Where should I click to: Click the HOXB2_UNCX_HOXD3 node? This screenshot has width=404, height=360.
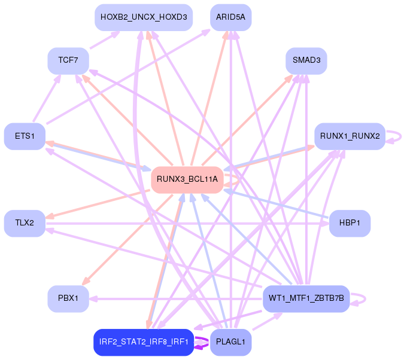coord(144,17)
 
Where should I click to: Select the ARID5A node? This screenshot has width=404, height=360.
coord(230,17)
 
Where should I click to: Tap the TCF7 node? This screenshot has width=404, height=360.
coord(68,61)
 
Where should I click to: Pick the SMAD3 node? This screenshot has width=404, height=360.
coord(306,61)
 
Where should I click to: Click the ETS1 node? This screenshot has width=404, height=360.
coord(25,136)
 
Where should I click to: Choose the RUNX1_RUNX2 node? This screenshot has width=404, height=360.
coord(350,136)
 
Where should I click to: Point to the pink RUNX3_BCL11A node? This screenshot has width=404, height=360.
coord(187,180)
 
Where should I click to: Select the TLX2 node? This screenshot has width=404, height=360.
coord(25,223)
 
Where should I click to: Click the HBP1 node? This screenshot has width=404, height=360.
coord(350,223)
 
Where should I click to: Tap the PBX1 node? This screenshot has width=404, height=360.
coord(68,299)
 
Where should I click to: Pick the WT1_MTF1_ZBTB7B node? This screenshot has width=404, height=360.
coord(306,299)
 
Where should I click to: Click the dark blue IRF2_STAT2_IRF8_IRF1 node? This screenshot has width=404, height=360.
coord(144,342)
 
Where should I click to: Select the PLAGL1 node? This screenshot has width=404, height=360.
coord(230,342)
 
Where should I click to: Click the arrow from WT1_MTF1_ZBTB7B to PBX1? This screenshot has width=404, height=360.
coord(176,299)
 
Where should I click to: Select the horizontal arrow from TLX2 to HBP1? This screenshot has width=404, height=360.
coord(187,224)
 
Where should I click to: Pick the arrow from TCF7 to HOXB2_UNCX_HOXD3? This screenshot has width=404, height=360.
coord(105,40)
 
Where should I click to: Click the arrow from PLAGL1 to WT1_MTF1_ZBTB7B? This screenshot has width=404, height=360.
coord(268,321)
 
